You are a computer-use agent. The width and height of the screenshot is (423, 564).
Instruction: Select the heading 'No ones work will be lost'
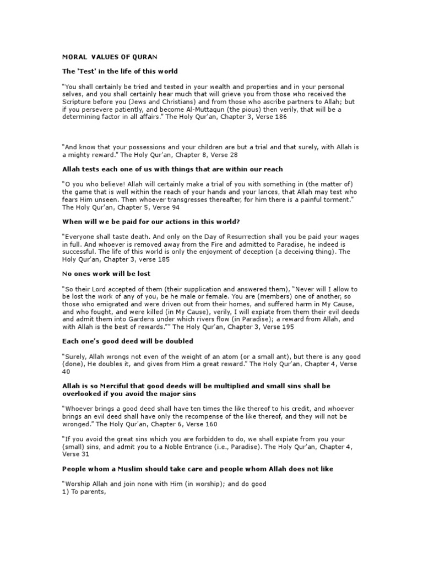click(106, 273)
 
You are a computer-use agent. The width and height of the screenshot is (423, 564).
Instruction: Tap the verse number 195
click(286, 327)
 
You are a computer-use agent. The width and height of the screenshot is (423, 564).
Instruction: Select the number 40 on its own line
click(66, 372)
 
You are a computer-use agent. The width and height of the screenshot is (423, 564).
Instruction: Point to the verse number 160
click(210, 424)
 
